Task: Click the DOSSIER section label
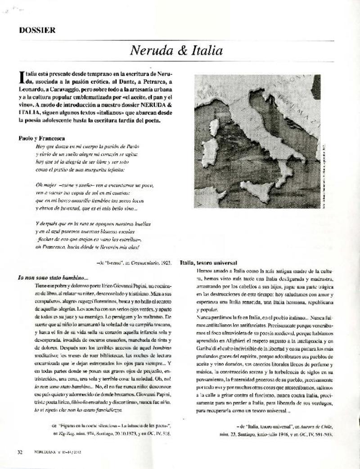37,31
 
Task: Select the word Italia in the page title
206,51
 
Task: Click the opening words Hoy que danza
52,147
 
